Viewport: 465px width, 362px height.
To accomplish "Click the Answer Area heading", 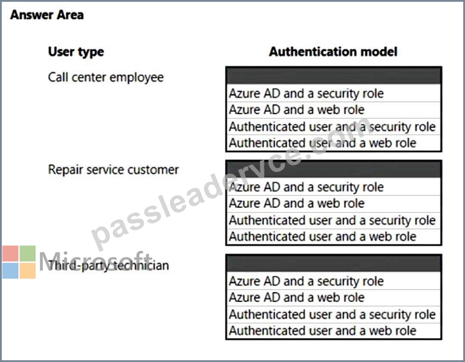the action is tap(47, 15).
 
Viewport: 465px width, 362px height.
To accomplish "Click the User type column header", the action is tap(76, 52).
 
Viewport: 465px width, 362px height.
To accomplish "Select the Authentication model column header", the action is tap(333, 51).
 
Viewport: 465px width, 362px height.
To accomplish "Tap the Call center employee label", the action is tap(106, 77).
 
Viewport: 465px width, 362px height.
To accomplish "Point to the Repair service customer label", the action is tap(113, 170).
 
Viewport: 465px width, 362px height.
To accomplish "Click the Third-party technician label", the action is tap(109, 265).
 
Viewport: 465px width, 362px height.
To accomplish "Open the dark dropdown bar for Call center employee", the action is tap(333, 75).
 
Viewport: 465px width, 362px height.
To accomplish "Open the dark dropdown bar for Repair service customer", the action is tap(333, 169).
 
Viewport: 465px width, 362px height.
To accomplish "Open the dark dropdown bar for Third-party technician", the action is tap(333, 263).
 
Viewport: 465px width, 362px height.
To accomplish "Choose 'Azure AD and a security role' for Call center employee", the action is tap(306, 94).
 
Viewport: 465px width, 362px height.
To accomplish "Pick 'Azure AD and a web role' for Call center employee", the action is tap(297, 110).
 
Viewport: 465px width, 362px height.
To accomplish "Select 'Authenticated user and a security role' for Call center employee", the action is tap(332, 126).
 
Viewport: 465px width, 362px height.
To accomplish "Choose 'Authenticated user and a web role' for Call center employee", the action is tap(323, 143).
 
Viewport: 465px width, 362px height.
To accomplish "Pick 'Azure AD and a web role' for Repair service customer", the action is tap(297, 204).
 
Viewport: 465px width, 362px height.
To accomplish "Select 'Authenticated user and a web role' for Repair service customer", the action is tap(323, 237).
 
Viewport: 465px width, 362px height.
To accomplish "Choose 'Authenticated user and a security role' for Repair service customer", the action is tap(332, 220).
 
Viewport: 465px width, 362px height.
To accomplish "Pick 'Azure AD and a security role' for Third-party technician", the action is tap(306, 281).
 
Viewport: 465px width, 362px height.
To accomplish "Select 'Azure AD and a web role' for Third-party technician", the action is tap(297, 297).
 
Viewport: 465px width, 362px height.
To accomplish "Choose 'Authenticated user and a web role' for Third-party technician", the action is tap(323, 330).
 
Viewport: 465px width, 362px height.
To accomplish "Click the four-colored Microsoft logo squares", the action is tap(19, 262).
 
